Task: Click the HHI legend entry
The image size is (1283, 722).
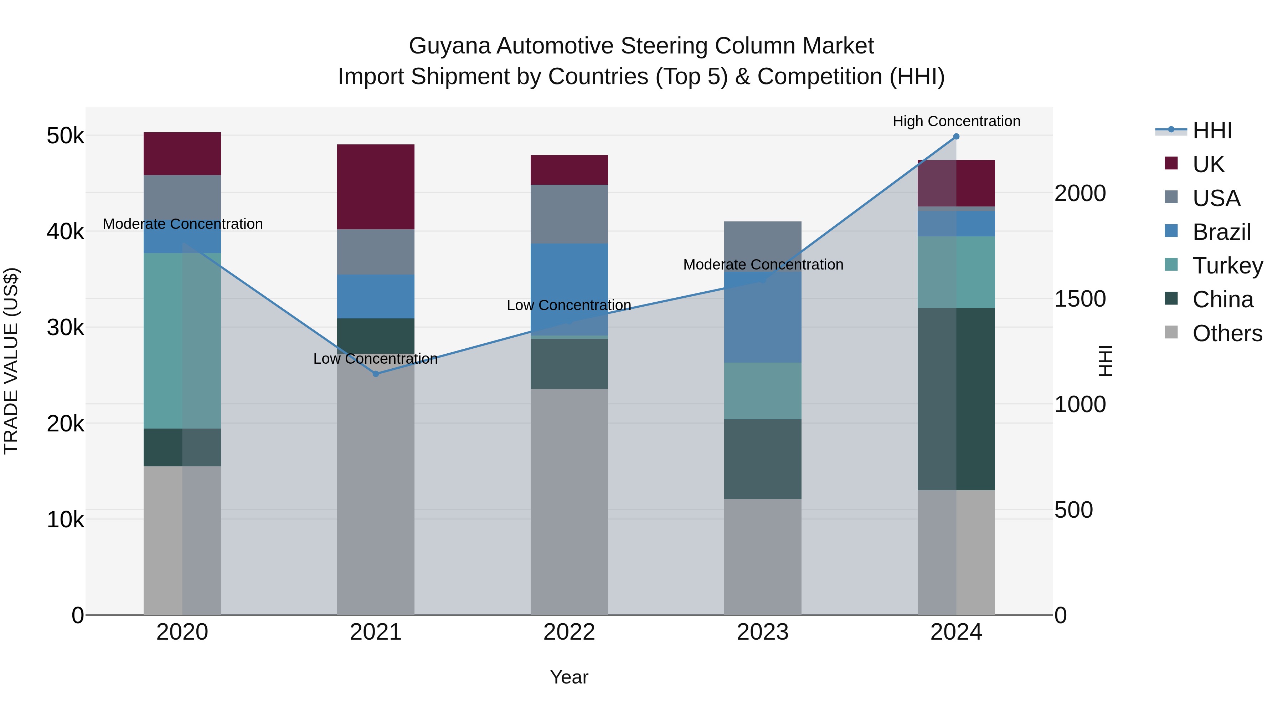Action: tap(1212, 130)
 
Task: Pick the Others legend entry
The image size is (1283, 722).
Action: tap(1227, 333)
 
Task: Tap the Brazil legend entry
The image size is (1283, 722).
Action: tap(1221, 232)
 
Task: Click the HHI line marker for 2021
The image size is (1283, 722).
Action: tap(376, 374)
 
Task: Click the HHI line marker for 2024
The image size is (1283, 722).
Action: tap(956, 137)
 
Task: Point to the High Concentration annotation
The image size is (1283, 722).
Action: tap(956, 121)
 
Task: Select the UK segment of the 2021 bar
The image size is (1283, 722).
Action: tap(376, 187)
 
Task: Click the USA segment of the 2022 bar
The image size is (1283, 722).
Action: tap(569, 214)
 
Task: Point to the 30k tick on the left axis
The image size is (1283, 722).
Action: tap(65, 328)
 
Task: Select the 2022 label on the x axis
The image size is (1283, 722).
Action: tap(569, 632)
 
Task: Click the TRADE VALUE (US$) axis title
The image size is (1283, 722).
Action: tap(11, 361)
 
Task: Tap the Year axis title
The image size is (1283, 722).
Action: tap(569, 677)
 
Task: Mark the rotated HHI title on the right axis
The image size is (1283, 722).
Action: tap(1105, 361)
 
